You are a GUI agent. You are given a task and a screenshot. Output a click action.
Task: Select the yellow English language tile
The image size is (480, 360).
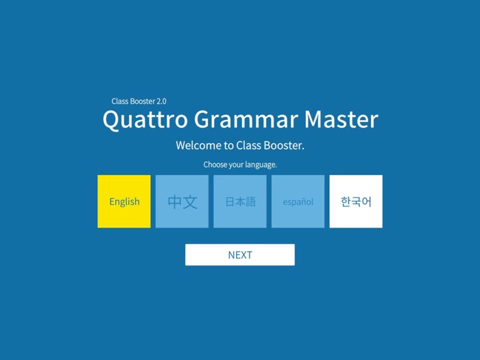click(124, 201)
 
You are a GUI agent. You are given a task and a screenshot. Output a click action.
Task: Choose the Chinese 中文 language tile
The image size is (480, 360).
click(182, 201)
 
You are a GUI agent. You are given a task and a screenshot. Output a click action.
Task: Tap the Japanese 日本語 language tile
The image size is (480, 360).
click(240, 201)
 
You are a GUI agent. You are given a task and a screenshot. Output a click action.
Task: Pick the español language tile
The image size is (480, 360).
click(298, 201)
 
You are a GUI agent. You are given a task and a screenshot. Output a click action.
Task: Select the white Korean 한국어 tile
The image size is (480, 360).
click(356, 201)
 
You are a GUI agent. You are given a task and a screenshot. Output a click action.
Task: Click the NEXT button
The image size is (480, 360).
click(240, 254)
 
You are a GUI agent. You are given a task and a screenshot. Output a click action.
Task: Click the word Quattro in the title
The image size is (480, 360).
click(145, 119)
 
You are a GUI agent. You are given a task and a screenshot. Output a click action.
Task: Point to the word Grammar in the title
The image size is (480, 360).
click(246, 119)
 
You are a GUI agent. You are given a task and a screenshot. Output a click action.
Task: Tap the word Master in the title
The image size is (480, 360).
click(341, 119)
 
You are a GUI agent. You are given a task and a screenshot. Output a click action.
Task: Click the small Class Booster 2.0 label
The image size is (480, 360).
click(139, 101)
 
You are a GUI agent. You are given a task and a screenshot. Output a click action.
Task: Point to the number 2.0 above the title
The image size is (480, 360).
click(161, 101)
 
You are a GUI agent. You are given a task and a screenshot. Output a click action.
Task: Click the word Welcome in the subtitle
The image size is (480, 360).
click(198, 145)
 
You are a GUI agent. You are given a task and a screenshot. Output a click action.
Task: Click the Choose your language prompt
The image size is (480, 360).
click(240, 165)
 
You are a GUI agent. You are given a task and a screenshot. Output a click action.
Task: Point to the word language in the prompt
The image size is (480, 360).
click(261, 165)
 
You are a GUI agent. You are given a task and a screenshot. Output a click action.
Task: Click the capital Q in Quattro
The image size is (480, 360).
click(112, 120)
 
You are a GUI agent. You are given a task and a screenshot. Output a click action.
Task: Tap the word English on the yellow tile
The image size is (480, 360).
click(124, 202)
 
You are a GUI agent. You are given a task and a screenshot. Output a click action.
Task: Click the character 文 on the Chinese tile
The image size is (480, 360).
click(190, 202)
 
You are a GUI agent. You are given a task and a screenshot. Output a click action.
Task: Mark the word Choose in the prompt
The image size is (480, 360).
click(214, 165)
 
